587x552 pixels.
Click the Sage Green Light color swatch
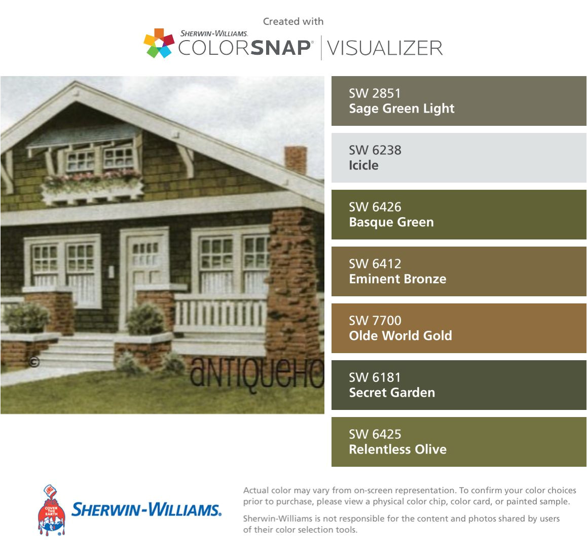click(459, 101)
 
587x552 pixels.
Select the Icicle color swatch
click(459, 158)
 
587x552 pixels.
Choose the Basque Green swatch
click(459, 215)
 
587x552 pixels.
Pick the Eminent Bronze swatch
click(459, 271)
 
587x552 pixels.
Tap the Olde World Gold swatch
click(459, 328)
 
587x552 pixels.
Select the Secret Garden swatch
click(459, 385)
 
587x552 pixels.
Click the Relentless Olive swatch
click(459, 442)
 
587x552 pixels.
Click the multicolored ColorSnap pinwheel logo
click(159, 43)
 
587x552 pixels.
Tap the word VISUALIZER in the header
click(385, 48)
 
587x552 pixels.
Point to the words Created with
click(293, 21)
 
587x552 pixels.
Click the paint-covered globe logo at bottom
click(52, 510)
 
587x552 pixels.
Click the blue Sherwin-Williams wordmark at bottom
click(146, 510)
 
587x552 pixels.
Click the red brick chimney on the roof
click(296, 160)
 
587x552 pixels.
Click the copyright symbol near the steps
click(34, 362)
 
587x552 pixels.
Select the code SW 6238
click(375, 150)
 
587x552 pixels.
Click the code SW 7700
click(375, 321)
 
